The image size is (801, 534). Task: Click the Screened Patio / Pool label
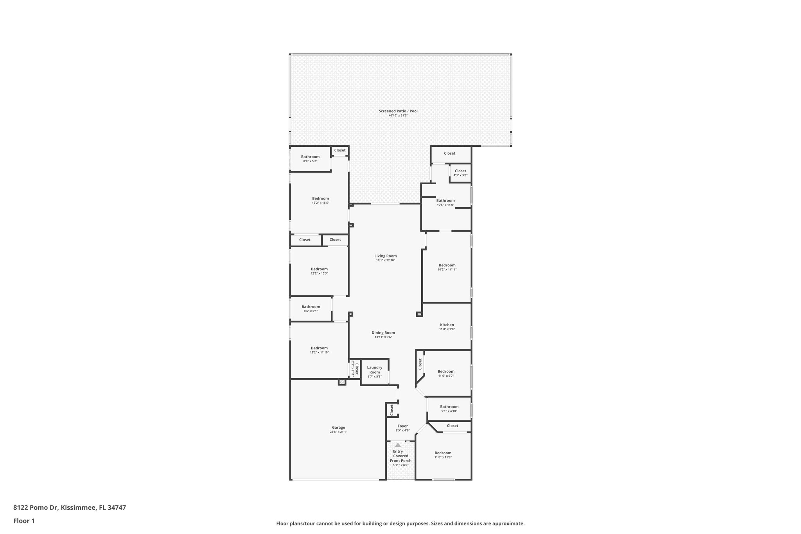pyautogui.click(x=398, y=111)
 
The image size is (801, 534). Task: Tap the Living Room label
pyautogui.click(x=385, y=256)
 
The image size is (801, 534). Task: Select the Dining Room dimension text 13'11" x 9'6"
pyautogui.click(x=383, y=337)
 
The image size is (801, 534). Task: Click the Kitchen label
pyautogui.click(x=447, y=325)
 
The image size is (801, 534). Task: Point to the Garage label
pyautogui.click(x=338, y=428)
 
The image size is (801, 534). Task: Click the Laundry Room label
pyautogui.click(x=374, y=370)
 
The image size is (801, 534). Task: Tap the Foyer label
pyautogui.click(x=402, y=426)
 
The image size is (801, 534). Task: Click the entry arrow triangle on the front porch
pyautogui.click(x=398, y=445)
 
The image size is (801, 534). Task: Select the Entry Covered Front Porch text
pyautogui.click(x=400, y=456)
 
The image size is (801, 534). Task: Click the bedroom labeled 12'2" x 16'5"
pyautogui.click(x=320, y=200)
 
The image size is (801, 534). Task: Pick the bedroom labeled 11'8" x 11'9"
pyautogui.click(x=443, y=455)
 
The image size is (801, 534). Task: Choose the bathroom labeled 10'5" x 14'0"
pyautogui.click(x=445, y=202)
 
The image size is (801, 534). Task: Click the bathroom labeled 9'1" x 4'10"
pyautogui.click(x=449, y=408)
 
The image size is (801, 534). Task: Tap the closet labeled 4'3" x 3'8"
pyautogui.click(x=460, y=173)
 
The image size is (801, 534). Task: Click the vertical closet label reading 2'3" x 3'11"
pyautogui.click(x=354, y=369)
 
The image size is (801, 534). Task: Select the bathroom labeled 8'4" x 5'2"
pyautogui.click(x=310, y=158)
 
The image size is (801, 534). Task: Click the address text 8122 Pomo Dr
pyautogui.click(x=36, y=507)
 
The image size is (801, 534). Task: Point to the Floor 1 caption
pyautogui.click(x=24, y=521)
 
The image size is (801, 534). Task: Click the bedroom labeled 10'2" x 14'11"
pyautogui.click(x=447, y=267)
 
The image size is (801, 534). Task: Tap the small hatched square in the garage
pyautogui.click(x=342, y=382)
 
